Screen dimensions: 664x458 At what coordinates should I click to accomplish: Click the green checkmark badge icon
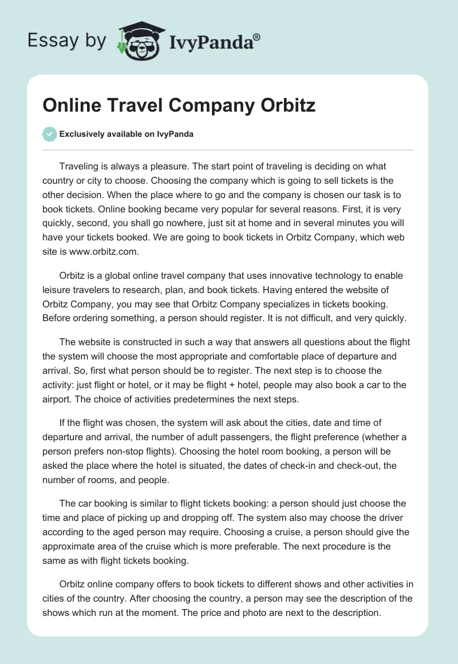[49, 134]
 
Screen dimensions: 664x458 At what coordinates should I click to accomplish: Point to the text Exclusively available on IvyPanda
[126, 134]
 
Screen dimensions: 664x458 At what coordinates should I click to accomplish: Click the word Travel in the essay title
[132, 106]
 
